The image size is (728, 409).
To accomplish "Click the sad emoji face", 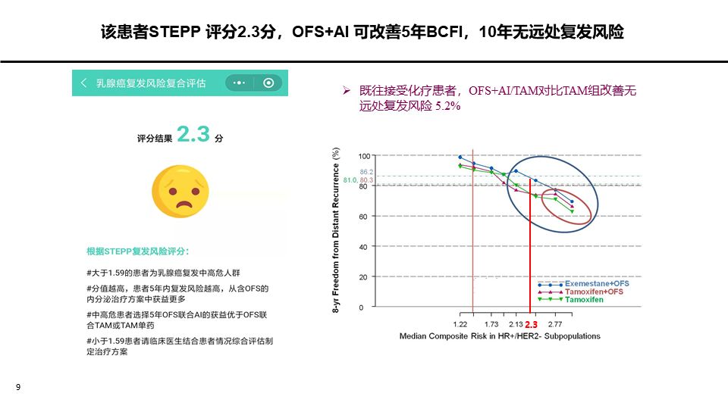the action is click(180, 192).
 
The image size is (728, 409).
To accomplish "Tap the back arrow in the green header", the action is click(83, 83).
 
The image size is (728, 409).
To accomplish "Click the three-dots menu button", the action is click(239, 83).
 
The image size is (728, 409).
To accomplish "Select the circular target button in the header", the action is click(268, 83).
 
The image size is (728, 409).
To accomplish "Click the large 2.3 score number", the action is click(193, 134).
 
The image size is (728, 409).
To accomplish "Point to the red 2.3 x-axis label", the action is click(531, 325).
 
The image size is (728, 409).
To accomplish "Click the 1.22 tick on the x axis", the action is click(460, 324).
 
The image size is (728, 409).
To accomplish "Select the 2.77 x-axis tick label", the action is click(555, 324).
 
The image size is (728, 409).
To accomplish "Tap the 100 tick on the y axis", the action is click(365, 156).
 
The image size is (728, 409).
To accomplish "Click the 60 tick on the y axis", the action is click(363, 217).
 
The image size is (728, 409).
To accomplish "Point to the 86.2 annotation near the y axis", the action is click(366, 172).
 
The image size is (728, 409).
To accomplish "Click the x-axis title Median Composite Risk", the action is click(500, 336).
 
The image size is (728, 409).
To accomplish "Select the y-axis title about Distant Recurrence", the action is click(336, 230).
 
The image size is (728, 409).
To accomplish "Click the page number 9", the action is click(18, 387).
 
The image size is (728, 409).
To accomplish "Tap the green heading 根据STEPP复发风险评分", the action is click(137, 251).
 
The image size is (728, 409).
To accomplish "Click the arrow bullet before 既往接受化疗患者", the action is click(347, 90).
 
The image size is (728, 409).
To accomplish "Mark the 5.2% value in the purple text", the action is click(448, 106).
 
